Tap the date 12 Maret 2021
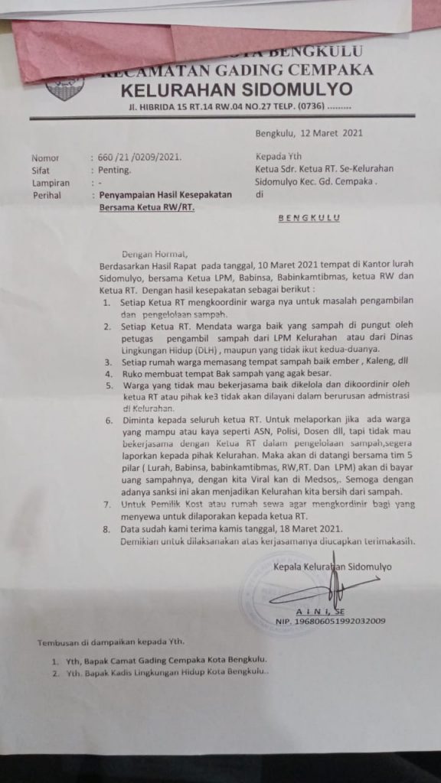click(325, 133)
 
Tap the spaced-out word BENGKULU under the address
click(309, 218)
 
